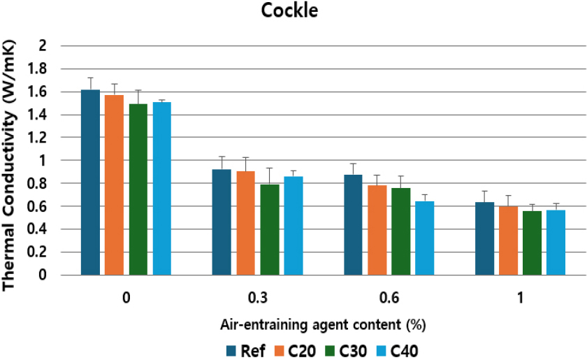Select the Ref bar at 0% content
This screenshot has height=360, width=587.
pyautogui.click(x=90, y=182)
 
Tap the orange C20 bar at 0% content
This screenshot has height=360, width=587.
pyautogui.click(x=114, y=185)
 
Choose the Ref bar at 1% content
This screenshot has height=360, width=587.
pyautogui.click(x=484, y=238)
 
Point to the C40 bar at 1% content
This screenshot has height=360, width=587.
pyautogui.click(x=556, y=243)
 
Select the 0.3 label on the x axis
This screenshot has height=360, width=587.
pyautogui.click(x=257, y=298)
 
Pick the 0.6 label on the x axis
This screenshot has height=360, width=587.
pyautogui.click(x=389, y=298)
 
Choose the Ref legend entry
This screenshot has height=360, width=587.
pyautogui.click(x=245, y=350)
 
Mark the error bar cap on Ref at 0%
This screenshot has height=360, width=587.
pyautogui.click(x=90, y=78)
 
